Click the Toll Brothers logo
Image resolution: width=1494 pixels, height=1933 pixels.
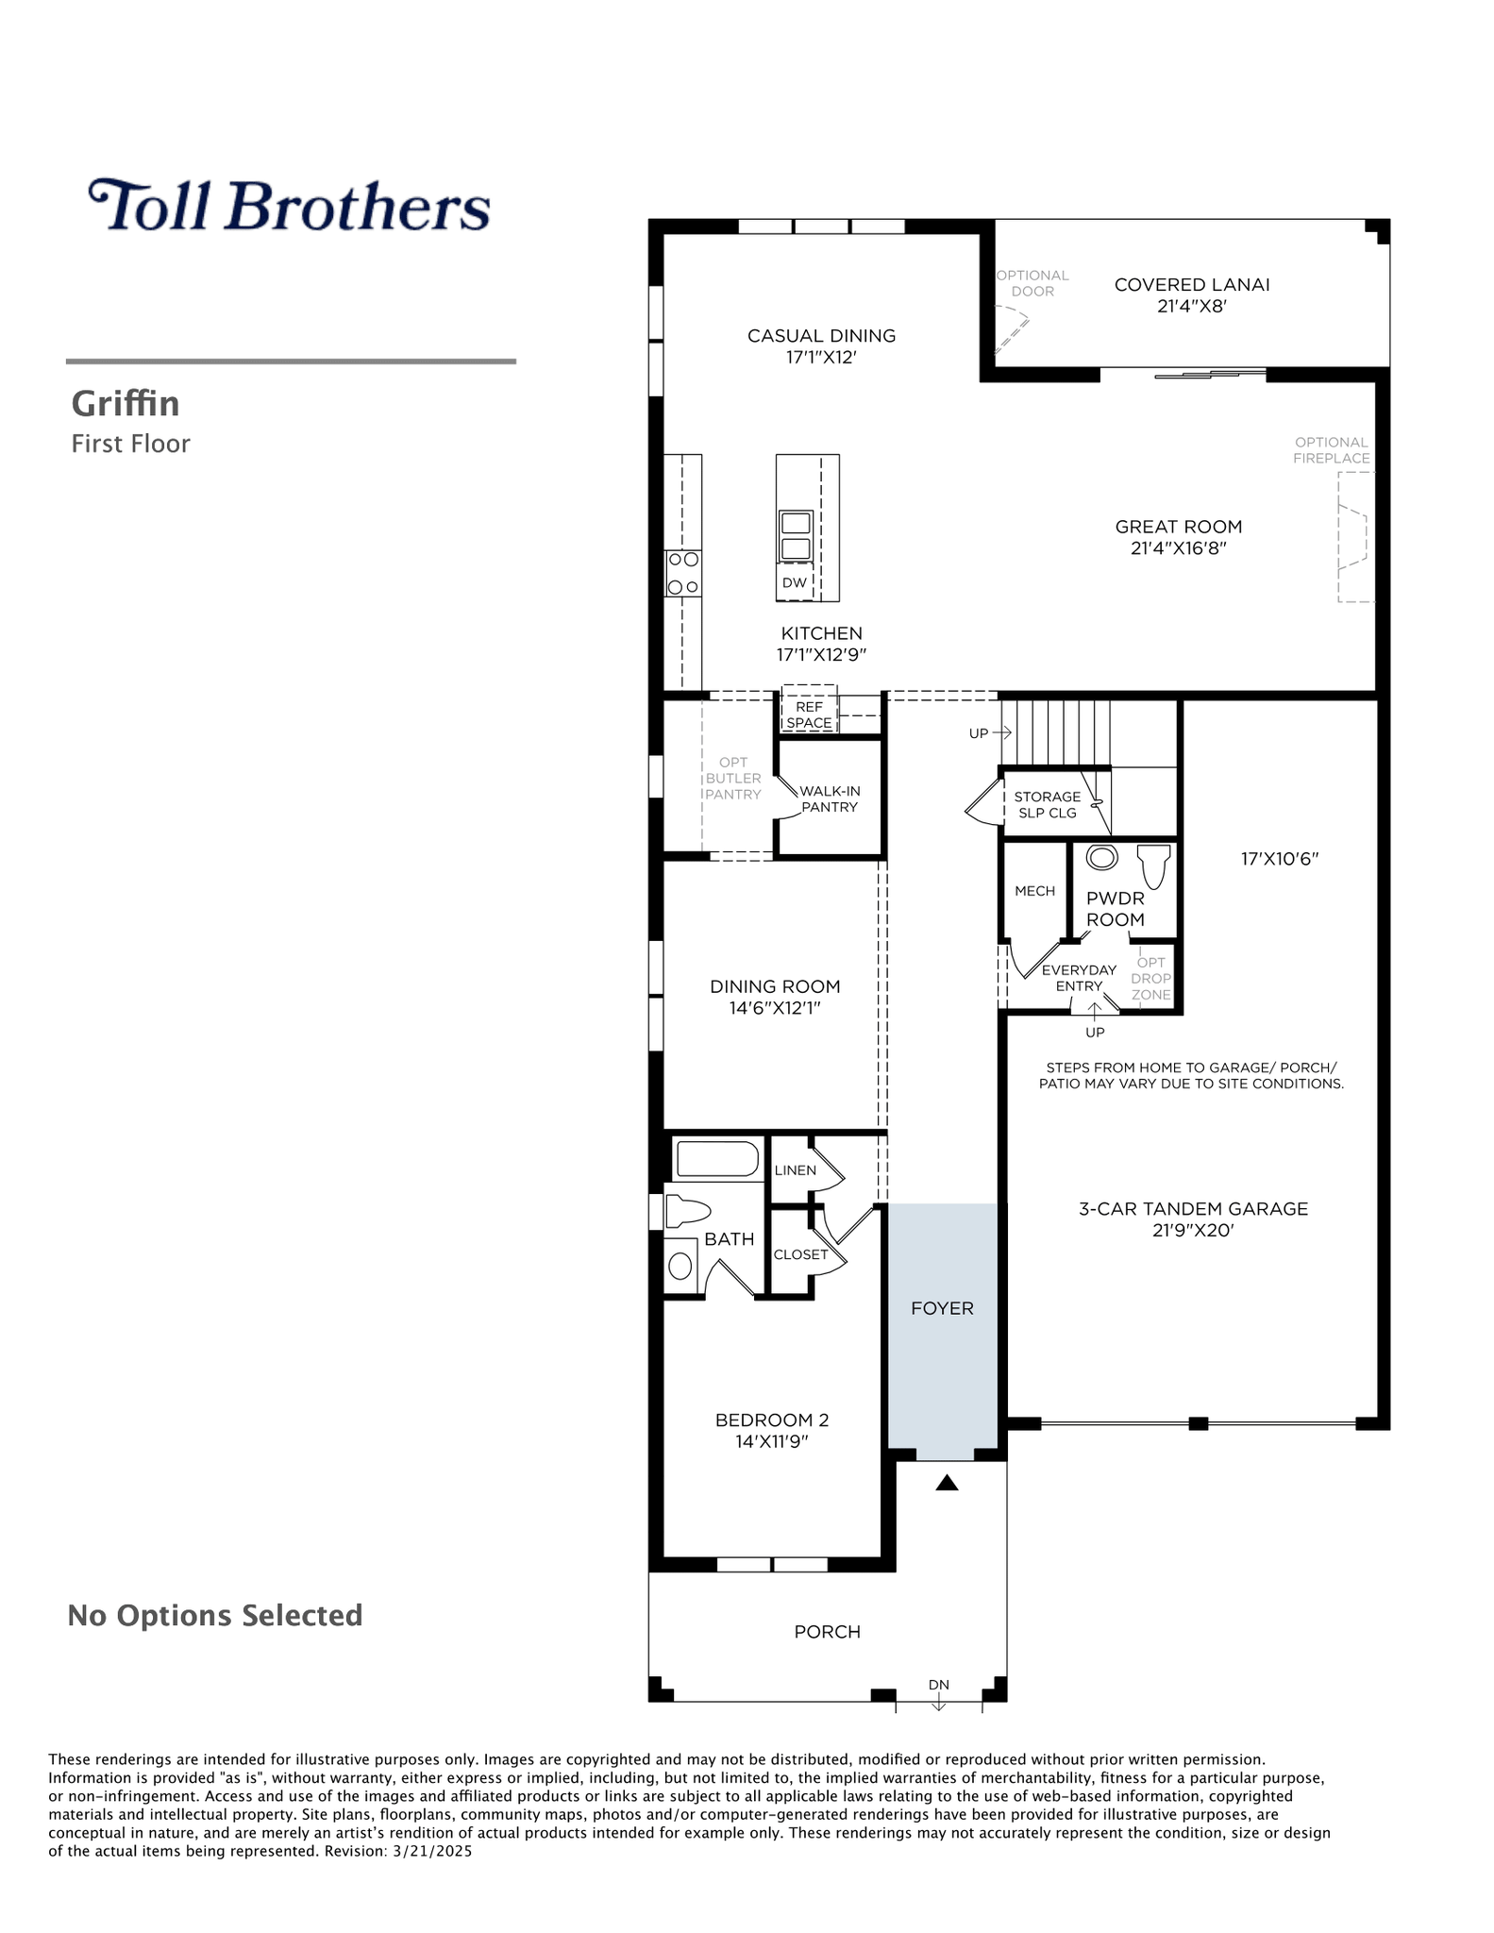[x=289, y=205]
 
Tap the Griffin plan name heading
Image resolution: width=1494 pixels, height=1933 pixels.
[x=126, y=404]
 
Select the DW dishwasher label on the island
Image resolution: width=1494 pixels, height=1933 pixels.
[x=795, y=582]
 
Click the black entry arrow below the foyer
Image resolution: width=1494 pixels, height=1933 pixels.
[x=947, y=1483]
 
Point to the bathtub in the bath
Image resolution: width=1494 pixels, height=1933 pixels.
[x=718, y=1159]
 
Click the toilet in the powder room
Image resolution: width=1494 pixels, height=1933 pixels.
[x=1153, y=865]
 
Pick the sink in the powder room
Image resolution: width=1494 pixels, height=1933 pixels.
[x=1102, y=857]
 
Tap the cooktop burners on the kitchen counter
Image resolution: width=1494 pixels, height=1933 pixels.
[x=683, y=573]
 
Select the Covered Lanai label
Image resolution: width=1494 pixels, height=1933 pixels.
[x=1192, y=284]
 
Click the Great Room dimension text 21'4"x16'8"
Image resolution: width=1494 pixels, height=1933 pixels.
[x=1179, y=548]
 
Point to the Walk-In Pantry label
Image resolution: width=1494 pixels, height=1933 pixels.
[x=830, y=799]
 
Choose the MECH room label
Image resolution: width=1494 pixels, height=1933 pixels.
[x=1034, y=891]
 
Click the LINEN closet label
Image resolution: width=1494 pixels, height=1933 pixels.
[x=795, y=1170]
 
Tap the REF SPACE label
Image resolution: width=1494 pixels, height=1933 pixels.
[x=810, y=714]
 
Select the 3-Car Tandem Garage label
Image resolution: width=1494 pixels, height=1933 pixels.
[x=1193, y=1209]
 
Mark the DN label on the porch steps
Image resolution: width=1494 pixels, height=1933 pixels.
[x=939, y=1685]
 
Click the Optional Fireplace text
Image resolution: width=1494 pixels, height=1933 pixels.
[x=1332, y=450]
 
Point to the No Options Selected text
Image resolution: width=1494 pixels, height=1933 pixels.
[x=215, y=1616]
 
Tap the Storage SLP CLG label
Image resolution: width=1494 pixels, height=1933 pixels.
[x=1048, y=805]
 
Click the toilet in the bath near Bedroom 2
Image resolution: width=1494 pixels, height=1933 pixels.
[x=687, y=1211]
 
